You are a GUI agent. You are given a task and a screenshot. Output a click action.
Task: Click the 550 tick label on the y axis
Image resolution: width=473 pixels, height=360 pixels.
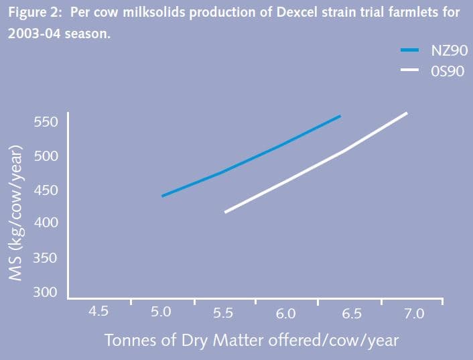point(46,122)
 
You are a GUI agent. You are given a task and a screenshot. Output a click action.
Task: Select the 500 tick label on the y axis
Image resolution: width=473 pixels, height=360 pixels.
point(46,156)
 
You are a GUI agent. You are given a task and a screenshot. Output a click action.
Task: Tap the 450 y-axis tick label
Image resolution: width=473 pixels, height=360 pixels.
point(46,190)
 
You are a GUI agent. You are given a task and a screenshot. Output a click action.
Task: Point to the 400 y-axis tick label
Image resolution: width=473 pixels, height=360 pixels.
point(46,222)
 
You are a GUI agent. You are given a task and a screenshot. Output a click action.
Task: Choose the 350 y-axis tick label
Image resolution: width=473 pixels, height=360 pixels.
point(46,258)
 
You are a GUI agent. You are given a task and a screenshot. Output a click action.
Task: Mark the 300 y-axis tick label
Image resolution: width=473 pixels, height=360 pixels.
point(46,292)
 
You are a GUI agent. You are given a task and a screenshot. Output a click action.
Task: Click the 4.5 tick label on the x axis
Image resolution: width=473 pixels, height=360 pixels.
point(98,311)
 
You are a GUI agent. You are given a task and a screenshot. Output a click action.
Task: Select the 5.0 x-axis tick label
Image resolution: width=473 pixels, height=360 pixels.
point(161,312)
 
